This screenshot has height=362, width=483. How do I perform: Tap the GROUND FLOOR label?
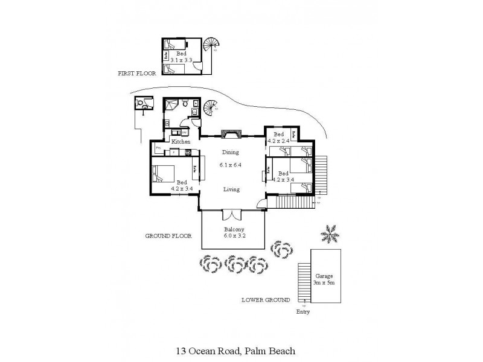(168, 237)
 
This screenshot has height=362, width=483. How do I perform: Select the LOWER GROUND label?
(266, 300)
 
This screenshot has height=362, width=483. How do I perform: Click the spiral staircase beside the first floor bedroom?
(211, 45)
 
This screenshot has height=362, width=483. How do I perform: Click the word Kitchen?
(181, 142)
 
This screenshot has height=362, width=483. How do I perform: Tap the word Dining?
(230, 153)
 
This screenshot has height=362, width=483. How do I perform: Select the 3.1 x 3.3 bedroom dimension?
(181, 60)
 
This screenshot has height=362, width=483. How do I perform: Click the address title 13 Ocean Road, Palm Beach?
(235, 350)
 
